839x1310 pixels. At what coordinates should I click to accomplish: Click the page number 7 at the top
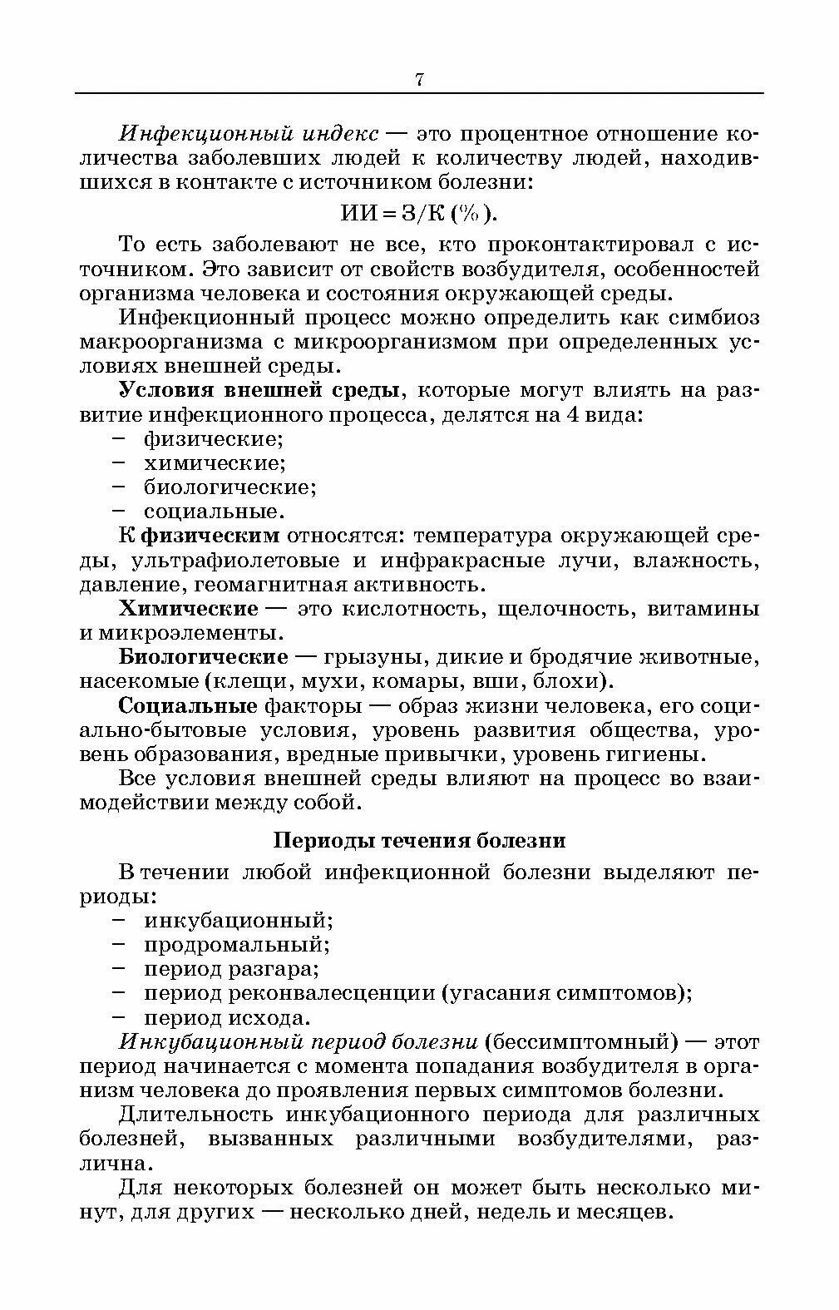[x=419, y=80]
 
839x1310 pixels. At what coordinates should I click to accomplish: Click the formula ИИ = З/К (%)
[x=419, y=214]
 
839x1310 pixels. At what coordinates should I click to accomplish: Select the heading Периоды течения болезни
[x=419, y=840]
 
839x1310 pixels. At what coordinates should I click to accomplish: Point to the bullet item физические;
[x=214, y=437]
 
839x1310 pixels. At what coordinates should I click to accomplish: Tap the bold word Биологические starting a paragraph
[x=204, y=656]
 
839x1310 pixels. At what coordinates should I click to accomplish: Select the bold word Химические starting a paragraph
[x=188, y=608]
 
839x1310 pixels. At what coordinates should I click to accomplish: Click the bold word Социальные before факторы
[x=188, y=705]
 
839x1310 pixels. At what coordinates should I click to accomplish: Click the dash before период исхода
[x=118, y=1016]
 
